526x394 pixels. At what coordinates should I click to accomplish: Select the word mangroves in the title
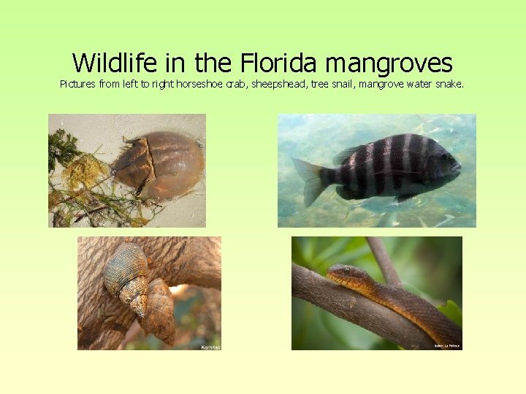[389, 63]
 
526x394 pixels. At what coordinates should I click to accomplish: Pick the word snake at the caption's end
[449, 84]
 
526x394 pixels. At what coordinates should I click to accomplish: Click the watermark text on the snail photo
[210, 347]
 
